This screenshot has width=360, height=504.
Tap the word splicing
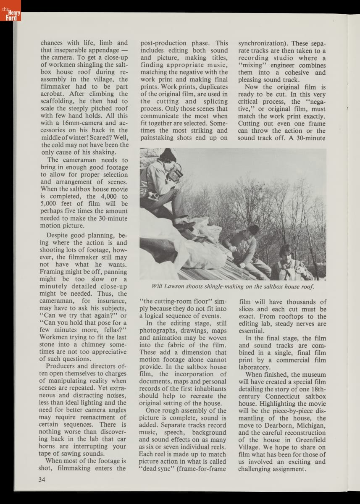pyautogui.click(x=212, y=101)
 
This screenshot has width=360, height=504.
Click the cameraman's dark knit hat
pyautogui.click(x=168, y=155)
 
